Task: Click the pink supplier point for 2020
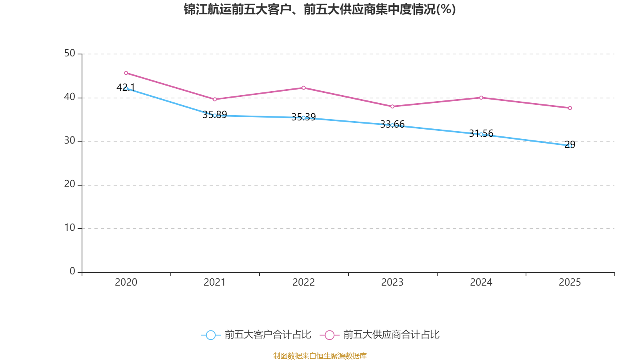click(126, 73)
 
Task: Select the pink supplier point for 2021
click(215, 99)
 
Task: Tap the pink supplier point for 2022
click(304, 88)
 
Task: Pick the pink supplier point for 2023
click(392, 106)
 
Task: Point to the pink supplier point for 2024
click(481, 98)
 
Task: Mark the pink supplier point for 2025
click(570, 108)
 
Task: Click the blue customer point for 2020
click(126, 88)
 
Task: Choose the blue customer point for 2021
click(215, 115)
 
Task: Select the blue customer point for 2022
click(304, 118)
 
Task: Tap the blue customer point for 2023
click(392, 125)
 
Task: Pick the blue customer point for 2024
click(481, 134)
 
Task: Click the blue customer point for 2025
click(570, 146)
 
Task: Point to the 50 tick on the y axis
click(70, 54)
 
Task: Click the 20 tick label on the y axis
click(70, 184)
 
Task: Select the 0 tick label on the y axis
click(72, 272)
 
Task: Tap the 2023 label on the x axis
click(392, 282)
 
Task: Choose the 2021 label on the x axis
click(215, 282)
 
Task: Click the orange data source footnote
click(320, 356)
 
